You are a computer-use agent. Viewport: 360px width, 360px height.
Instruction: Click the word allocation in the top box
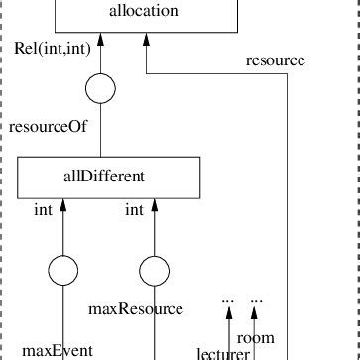click(143, 12)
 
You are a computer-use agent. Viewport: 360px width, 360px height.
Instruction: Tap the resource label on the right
click(276, 61)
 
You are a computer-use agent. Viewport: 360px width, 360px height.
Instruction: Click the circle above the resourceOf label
click(101, 90)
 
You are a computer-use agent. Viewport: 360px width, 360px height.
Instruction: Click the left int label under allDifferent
click(43, 209)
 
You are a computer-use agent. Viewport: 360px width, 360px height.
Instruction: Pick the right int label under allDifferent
click(135, 209)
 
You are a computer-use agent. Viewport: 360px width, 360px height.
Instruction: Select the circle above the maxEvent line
click(63, 269)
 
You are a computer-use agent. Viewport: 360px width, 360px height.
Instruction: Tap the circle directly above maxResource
click(154, 269)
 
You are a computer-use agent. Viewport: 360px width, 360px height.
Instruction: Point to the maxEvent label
click(58, 350)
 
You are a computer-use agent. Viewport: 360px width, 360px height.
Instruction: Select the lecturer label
click(223, 353)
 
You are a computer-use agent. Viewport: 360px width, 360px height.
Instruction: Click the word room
click(256, 338)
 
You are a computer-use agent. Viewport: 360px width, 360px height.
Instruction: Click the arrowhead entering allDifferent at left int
click(63, 204)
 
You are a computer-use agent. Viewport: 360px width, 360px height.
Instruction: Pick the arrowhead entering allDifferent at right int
click(154, 204)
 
